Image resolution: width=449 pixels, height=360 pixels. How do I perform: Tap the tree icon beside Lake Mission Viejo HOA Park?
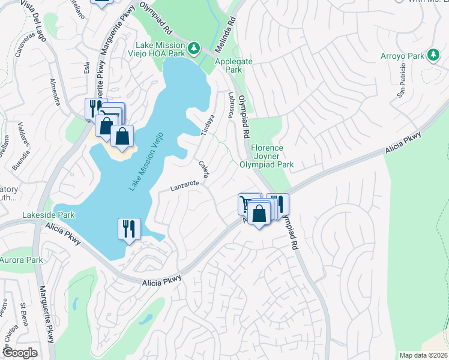(x=194, y=47)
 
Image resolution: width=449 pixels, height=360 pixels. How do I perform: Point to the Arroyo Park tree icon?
(x=433, y=56)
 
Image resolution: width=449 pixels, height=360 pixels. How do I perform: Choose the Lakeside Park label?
(x=49, y=214)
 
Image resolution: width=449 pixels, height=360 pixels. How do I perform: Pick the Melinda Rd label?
(x=229, y=24)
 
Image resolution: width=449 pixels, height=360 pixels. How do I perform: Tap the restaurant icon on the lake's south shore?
(x=129, y=228)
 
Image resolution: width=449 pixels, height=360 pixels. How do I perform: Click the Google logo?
(x=20, y=353)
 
